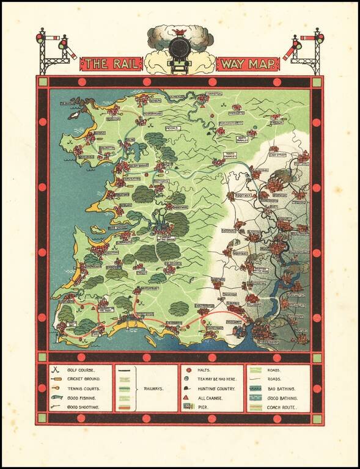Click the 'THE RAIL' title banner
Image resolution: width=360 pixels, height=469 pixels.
click(x=112, y=64)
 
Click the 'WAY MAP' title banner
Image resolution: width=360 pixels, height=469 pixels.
click(x=248, y=64)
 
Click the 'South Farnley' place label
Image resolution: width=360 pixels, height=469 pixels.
click(x=230, y=155)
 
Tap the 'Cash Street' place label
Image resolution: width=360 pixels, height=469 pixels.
click(x=278, y=155)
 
